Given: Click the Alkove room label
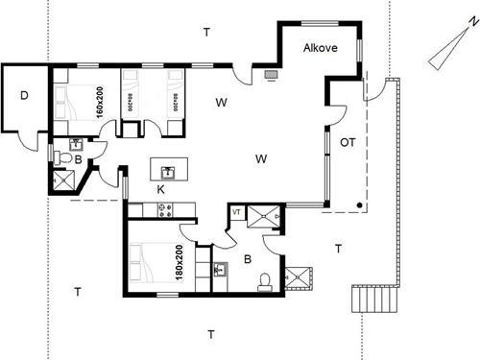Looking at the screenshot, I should (x=319, y=48).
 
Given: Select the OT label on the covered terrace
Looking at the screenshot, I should (x=348, y=142).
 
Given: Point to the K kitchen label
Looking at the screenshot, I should (x=161, y=191).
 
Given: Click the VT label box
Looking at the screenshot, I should (x=236, y=211).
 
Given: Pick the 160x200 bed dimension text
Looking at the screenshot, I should (x=99, y=100).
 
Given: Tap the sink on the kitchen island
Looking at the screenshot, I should (x=168, y=172).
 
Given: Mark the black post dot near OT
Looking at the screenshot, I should (x=359, y=205).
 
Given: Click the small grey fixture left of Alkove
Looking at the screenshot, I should (x=270, y=71).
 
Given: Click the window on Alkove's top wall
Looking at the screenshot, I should (x=318, y=21).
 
